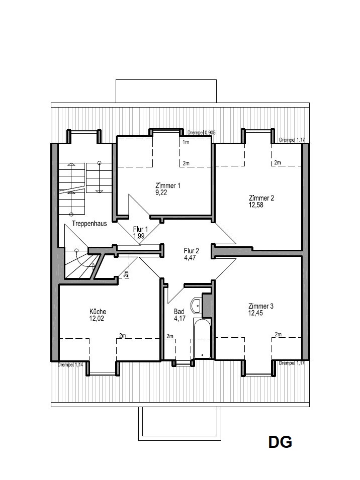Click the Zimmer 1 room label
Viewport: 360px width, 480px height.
(x=168, y=185)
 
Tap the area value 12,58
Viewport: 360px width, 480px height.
(x=256, y=205)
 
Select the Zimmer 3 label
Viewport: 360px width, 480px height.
(x=261, y=306)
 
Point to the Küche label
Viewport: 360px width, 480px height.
(x=98, y=312)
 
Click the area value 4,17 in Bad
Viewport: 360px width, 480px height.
(x=179, y=318)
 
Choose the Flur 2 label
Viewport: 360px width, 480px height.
(x=192, y=251)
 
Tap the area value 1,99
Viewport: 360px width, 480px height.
(x=139, y=236)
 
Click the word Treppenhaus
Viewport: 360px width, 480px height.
(x=89, y=224)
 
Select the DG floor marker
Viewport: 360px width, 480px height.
(x=280, y=442)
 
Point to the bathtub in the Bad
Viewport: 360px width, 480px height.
(x=202, y=338)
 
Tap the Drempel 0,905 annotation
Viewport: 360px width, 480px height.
(x=202, y=133)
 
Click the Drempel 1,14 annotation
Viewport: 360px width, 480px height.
(x=70, y=365)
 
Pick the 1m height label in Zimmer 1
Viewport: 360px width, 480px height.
(x=186, y=142)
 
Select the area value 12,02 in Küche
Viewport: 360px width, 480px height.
(x=97, y=318)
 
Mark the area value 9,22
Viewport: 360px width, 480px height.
(x=161, y=193)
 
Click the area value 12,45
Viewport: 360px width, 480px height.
(x=255, y=313)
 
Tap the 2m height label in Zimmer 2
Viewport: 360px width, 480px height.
(x=278, y=162)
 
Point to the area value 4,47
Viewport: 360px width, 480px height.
(x=190, y=258)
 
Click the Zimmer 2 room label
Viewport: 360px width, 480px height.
(x=261, y=198)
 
